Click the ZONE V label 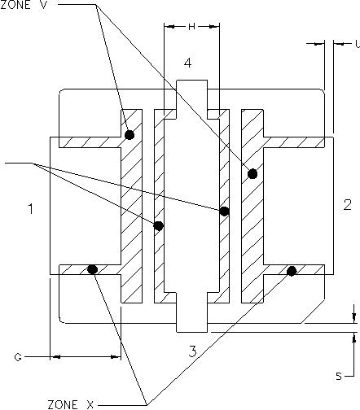[x=24, y=5]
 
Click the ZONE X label [x=71, y=404]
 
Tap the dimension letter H [x=191, y=26]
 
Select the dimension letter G [x=18, y=357]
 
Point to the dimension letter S [x=339, y=376]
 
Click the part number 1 [x=31, y=209]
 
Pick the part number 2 [x=348, y=205]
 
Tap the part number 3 [x=192, y=351]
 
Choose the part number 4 [x=187, y=63]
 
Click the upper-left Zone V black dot [x=130, y=134]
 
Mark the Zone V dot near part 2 [x=252, y=173]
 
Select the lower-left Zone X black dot [x=92, y=269]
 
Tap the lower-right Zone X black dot [x=292, y=271]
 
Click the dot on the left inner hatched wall [x=158, y=225]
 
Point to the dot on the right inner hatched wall [x=224, y=211]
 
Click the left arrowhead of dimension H [x=169, y=26]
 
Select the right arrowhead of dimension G [x=116, y=357]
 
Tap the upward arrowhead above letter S [x=353, y=338]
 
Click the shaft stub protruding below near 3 [x=192, y=328]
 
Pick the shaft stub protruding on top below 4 [x=192, y=85]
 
